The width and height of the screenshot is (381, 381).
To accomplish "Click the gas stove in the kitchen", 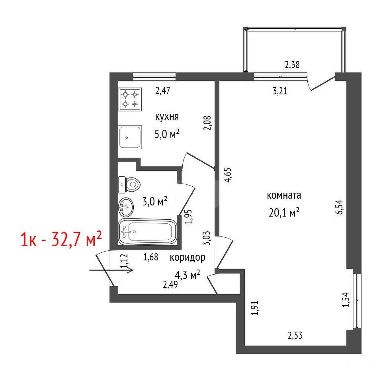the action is tap(130, 100).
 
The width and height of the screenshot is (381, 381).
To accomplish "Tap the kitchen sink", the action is tap(130, 137).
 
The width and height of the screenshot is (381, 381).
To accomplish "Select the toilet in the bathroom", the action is tap(129, 185).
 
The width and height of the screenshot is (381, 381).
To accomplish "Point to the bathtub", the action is tap(147, 232).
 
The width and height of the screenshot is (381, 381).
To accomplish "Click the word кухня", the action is tap(167, 117).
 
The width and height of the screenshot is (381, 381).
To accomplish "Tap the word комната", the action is tap(284, 195).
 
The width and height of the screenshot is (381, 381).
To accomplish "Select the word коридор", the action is tap(188, 258).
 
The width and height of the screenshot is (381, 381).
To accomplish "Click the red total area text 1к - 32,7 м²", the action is tap(61, 239).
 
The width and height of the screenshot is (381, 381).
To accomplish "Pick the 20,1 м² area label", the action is tap(284, 213).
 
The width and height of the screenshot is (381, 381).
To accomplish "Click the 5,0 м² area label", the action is tap(167, 134).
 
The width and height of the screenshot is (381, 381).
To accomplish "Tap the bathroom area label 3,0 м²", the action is tap(155, 201).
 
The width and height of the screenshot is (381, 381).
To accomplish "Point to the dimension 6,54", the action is tap(339, 207).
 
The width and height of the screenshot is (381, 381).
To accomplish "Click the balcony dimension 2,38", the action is tap(292, 65).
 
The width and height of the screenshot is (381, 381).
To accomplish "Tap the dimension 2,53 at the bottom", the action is tap(295, 336).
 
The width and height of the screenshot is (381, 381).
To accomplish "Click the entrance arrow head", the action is tap(131, 270).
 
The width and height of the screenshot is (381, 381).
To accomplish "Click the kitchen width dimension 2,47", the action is tap(163, 91).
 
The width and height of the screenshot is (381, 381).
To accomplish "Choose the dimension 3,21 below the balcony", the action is tap(280, 91).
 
